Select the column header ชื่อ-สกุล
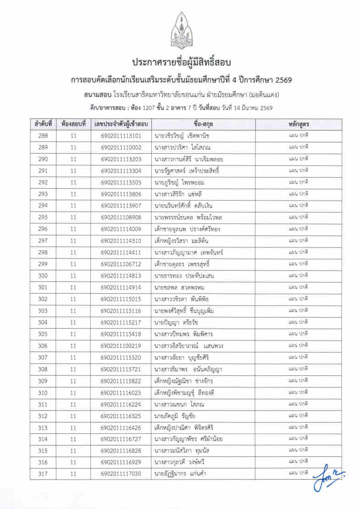pyautogui.click(x=205, y=124)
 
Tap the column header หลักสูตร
pyautogui.click(x=298, y=124)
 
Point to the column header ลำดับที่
pyautogui.click(x=43, y=124)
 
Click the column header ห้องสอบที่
pyautogui.click(x=73, y=124)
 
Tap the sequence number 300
pyautogui.click(x=43, y=276)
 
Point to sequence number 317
pyautogui.click(x=43, y=474)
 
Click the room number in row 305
pyautogui.click(x=73, y=334)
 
